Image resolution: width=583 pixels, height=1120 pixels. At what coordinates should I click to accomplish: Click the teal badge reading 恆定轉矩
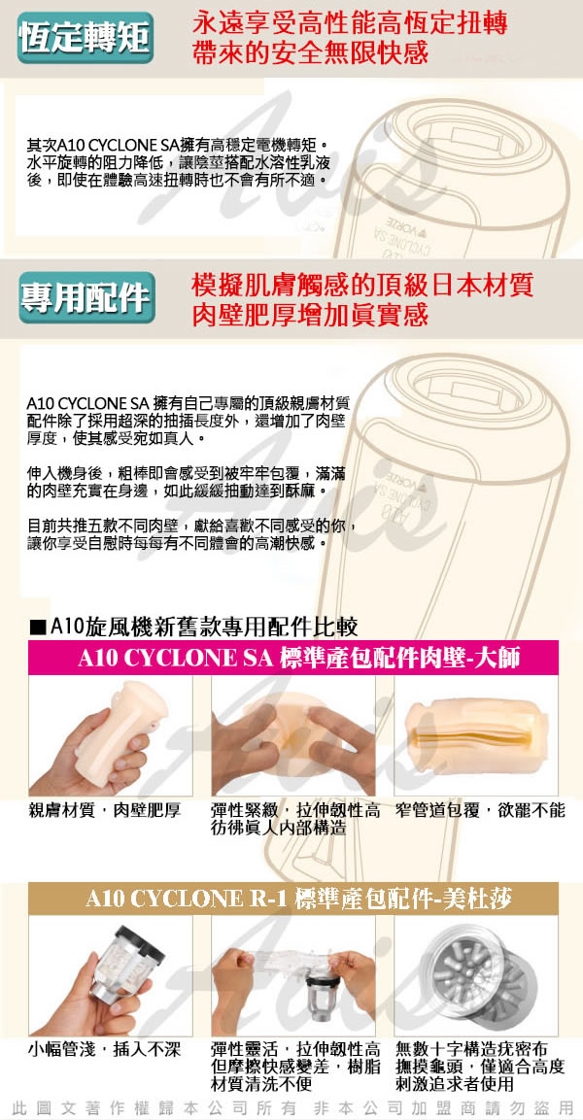tap(86, 38)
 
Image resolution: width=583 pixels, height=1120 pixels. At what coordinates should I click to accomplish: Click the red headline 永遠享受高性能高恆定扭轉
tap(350, 23)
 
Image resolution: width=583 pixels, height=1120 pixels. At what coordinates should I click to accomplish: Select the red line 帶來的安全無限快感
tap(310, 52)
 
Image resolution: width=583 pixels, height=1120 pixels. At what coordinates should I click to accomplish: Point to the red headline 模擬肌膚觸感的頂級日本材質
tap(362, 285)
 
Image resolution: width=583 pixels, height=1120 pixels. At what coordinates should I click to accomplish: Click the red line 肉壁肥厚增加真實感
tap(310, 315)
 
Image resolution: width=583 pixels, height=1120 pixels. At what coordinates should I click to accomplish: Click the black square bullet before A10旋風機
tap(39, 628)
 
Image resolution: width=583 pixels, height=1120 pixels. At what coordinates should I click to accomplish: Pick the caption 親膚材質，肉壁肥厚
tap(104, 810)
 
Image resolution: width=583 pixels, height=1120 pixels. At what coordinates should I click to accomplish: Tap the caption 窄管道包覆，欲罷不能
tap(479, 810)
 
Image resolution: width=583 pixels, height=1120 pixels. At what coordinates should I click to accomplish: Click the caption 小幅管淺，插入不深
tap(104, 1049)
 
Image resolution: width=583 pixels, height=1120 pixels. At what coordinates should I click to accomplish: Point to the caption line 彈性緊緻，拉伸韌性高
tap(295, 810)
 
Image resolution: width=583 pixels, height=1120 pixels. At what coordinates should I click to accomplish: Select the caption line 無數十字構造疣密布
tap(471, 1049)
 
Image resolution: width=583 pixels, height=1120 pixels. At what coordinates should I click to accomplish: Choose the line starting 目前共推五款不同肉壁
tap(190, 527)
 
